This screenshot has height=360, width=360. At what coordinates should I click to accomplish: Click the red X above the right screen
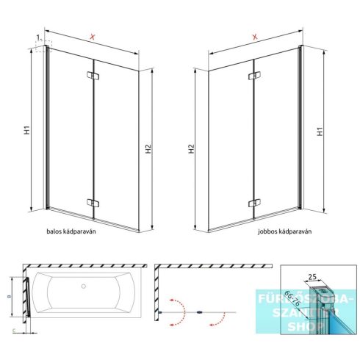(x=253, y=37)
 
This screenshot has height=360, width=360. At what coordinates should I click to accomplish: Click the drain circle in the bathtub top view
(x=84, y=287)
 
